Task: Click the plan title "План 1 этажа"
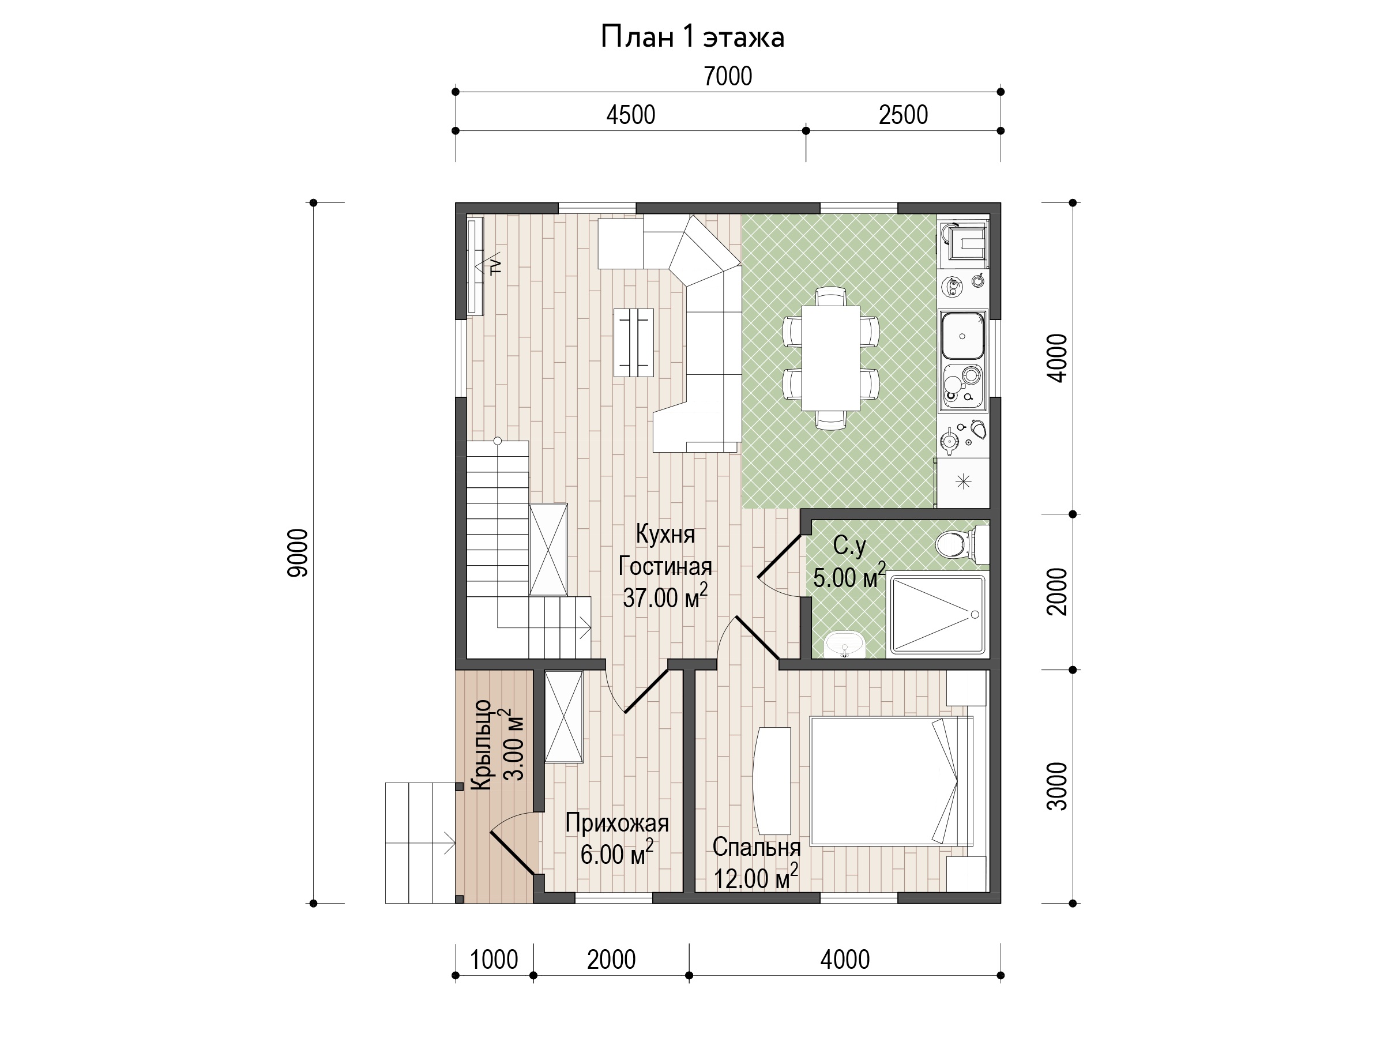[692, 37]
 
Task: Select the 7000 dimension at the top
[728, 76]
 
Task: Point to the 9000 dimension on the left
[299, 552]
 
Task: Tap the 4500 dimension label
[631, 115]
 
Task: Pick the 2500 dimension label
[903, 115]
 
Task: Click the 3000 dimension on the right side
[1058, 787]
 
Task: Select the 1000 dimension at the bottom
[494, 960]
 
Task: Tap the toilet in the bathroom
[962, 543]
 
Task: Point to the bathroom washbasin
[845, 644]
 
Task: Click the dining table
[830, 358]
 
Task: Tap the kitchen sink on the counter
[963, 336]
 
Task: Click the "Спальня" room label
[757, 847]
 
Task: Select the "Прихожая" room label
[617, 823]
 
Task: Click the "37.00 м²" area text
[665, 597]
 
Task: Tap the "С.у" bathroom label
[849, 546]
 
